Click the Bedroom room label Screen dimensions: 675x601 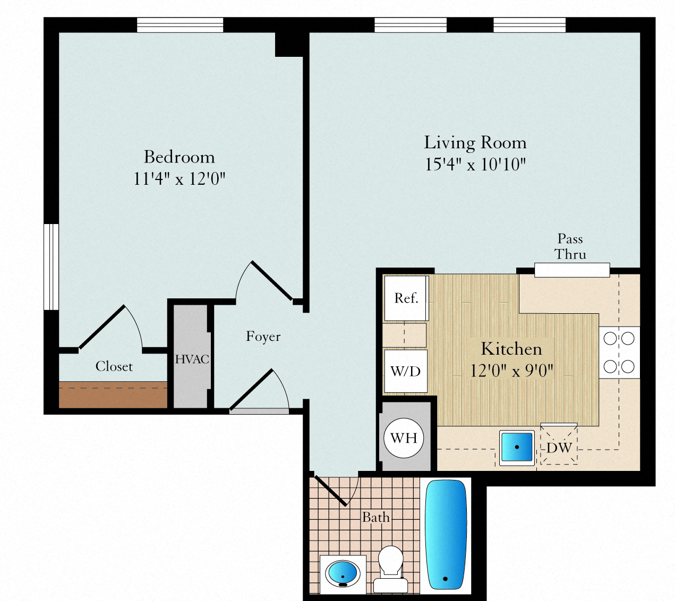point(180,157)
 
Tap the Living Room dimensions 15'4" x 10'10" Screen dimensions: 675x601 point(475,165)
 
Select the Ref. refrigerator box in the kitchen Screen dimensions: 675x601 point(406,298)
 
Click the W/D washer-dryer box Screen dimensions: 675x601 point(406,371)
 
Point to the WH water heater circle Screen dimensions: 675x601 point(404,438)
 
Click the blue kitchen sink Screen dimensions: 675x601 point(517,447)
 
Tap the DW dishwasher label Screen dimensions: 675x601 point(559,448)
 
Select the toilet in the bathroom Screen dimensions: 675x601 point(391,569)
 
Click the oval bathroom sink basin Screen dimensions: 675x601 point(343,573)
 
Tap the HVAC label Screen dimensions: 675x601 point(192,359)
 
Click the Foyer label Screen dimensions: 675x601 point(263,337)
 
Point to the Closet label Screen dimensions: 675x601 point(114,366)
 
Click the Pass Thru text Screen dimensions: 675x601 point(570,246)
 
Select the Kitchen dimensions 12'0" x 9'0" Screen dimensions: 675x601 point(511,371)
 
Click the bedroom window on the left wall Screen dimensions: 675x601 point(52,267)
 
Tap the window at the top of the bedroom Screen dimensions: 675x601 point(180,25)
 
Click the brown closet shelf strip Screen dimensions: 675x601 point(113,395)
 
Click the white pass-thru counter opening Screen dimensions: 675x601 point(572,270)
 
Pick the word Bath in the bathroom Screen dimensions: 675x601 point(376,517)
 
